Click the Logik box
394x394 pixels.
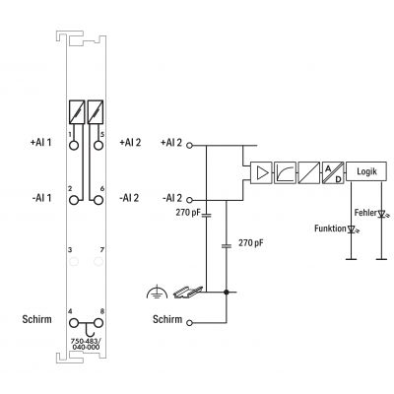click(366, 171)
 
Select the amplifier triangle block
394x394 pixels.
click(261, 172)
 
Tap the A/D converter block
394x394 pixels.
click(333, 172)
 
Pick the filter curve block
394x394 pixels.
click(285, 172)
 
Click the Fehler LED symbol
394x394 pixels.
click(382, 214)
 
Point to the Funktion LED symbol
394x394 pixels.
click(352, 230)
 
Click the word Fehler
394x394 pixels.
click(365, 213)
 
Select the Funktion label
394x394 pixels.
click(330, 229)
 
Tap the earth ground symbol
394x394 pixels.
click(157, 292)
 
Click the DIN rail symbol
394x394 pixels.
click(188, 292)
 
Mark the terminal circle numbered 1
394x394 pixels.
click(74, 145)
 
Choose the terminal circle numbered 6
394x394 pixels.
click(98, 200)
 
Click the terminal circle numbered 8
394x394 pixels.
click(98, 323)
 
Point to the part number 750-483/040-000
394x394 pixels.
click(86, 344)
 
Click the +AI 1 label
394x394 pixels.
click(41, 143)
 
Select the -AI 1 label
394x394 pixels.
click(41, 198)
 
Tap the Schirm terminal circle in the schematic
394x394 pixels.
click(189, 323)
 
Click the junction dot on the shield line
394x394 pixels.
click(226, 292)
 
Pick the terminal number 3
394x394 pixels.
click(70, 250)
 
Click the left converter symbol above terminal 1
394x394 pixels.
click(77, 112)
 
